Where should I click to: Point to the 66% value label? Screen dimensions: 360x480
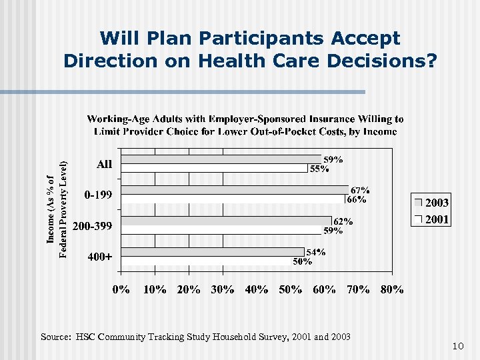(x=356, y=199)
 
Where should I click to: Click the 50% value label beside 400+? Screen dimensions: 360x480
(x=303, y=261)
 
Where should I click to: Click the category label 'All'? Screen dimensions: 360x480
(x=105, y=164)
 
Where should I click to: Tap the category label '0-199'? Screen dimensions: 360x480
(x=98, y=195)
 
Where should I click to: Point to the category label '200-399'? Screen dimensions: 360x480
(x=92, y=227)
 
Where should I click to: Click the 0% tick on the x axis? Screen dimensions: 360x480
(x=121, y=289)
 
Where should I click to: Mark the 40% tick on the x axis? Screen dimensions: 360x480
(x=257, y=289)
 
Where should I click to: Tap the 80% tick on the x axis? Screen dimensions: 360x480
(x=392, y=289)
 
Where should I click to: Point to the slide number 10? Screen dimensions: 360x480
(x=457, y=346)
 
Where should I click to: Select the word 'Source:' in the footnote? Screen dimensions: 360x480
(x=57, y=336)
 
